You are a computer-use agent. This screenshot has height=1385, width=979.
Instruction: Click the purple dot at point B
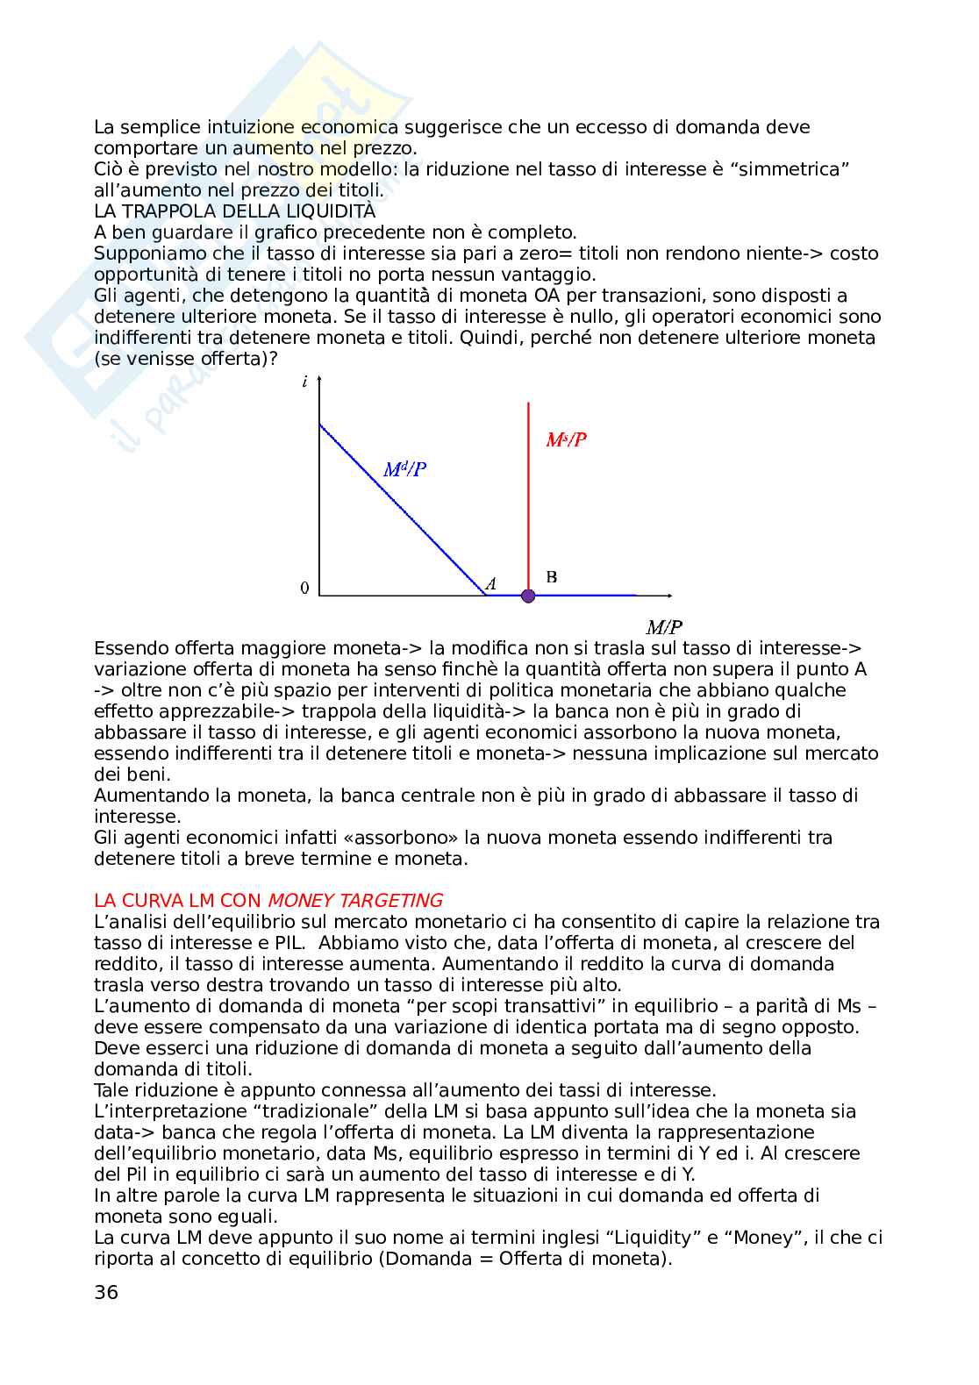click(528, 596)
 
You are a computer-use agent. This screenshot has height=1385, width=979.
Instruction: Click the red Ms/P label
click(566, 440)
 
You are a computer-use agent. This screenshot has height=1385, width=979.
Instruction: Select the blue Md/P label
click(405, 470)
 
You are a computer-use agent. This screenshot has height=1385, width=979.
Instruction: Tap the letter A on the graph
click(491, 583)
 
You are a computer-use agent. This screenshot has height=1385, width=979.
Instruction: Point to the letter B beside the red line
click(552, 577)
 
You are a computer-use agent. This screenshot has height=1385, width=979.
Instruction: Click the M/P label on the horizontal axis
click(664, 627)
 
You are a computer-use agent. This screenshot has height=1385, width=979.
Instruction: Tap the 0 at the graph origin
click(304, 589)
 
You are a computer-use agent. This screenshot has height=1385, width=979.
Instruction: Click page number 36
click(105, 1292)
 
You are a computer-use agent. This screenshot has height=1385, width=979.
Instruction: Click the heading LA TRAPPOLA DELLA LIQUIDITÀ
click(234, 211)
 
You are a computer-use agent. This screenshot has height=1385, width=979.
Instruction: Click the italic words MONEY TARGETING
click(355, 901)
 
